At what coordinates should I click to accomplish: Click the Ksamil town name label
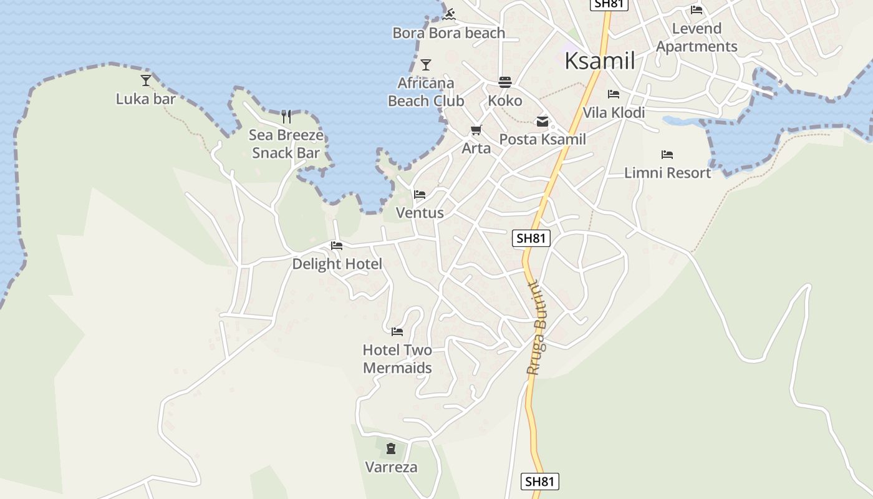(599, 61)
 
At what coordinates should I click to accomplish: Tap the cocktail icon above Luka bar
(146, 80)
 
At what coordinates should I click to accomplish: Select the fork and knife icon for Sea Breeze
(286, 116)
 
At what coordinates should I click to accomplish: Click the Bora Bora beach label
(448, 33)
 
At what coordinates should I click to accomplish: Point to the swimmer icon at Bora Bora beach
(449, 14)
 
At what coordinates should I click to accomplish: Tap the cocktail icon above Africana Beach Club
(426, 65)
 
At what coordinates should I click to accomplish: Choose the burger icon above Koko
(505, 82)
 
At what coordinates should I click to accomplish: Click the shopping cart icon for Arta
(476, 130)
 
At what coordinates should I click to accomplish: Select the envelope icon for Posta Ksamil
(543, 122)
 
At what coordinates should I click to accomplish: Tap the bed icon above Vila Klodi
(614, 94)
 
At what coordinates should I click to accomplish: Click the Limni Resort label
(667, 173)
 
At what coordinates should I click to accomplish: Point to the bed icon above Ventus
(420, 195)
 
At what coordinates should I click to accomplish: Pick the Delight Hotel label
(337, 264)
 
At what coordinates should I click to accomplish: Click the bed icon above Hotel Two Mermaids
(397, 331)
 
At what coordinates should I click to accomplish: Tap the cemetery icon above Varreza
(391, 448)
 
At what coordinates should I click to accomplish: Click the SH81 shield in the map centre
(531, 238)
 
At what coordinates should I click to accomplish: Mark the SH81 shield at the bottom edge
(539, 481)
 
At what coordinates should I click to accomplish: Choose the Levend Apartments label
(697, 37)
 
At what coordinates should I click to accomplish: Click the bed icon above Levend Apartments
(697, 10)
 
